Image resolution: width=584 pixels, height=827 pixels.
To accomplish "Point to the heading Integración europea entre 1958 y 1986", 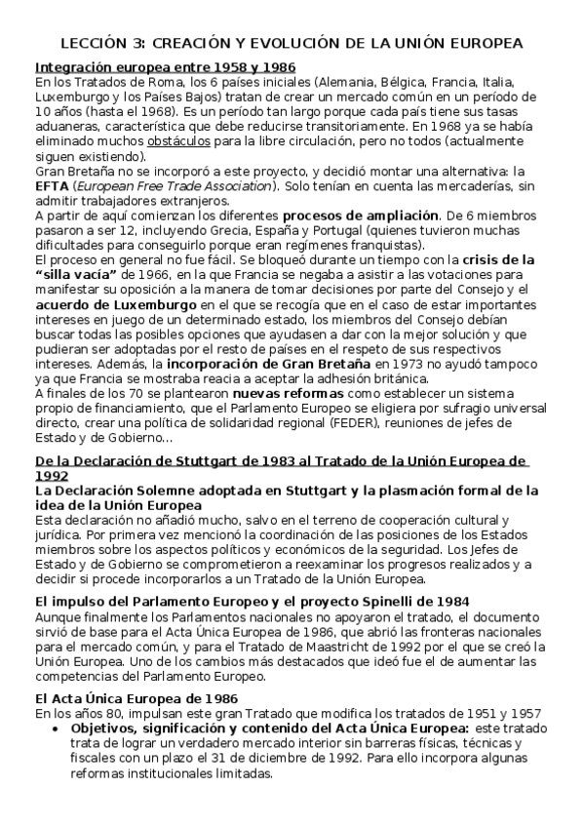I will tap(166, 67).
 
